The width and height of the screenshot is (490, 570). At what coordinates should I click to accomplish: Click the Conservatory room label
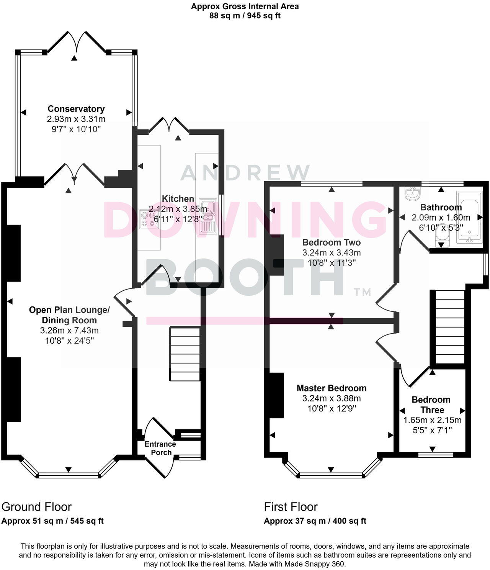pos(76,109)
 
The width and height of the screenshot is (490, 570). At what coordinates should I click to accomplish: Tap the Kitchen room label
pos(178,199)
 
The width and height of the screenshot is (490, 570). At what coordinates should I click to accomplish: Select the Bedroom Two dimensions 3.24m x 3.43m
pos(331,253)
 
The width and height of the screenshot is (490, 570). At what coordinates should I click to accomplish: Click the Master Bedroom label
pos(331,388)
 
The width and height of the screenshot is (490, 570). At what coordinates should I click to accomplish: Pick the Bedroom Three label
pos(431,405)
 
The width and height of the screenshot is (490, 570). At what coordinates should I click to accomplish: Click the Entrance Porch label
pos(160,448)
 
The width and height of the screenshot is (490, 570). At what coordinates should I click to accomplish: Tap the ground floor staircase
pos(185,354)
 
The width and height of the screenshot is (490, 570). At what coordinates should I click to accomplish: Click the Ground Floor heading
pos(36,507)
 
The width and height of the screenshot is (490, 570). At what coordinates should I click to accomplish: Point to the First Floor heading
pos(291,507)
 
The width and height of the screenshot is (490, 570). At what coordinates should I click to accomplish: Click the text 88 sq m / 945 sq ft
pos(245,16)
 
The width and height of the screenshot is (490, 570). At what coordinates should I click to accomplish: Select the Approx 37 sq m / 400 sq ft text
pos(315,521)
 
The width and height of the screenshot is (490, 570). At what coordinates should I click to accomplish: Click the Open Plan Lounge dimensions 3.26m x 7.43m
pos(69,330)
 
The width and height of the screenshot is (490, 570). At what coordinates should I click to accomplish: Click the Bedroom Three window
pos(436,455)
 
